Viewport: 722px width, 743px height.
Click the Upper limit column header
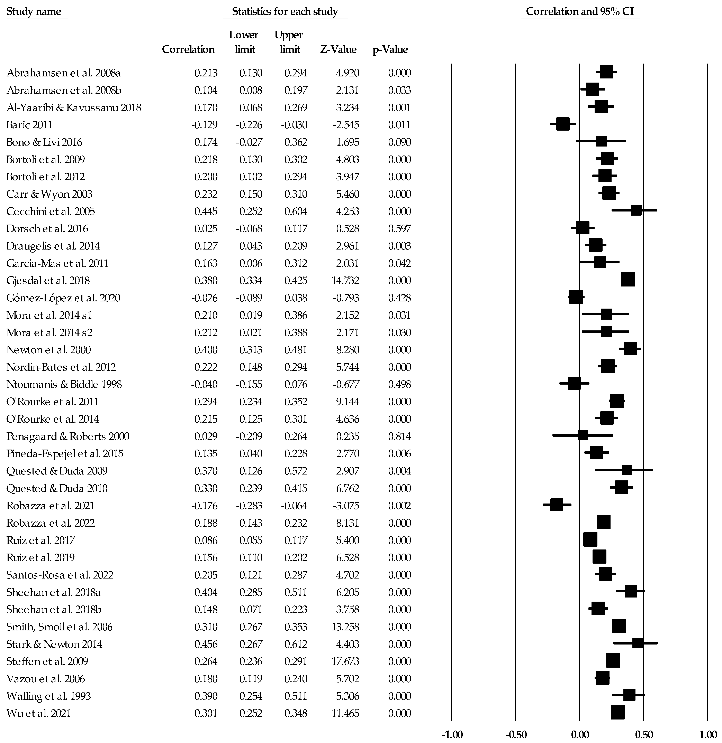[x=289, y=42]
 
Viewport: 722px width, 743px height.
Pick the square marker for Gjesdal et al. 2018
[x=628, y=280]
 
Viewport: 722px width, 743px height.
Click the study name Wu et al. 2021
[x=39, y=713]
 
